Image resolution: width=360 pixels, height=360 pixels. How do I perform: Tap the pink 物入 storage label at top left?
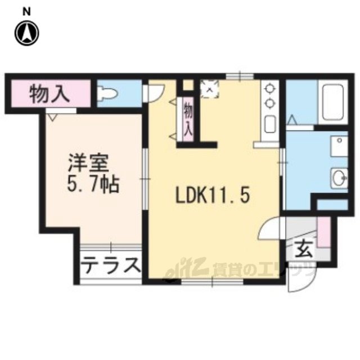click(x=49, y=93)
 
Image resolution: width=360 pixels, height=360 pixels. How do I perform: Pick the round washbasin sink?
click(x=339, y=178)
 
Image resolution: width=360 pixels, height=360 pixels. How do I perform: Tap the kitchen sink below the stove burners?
click(x=269, y=123)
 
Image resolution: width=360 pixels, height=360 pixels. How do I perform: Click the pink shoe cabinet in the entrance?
click(x=325, y=231)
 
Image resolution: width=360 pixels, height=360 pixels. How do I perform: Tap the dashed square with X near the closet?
click(x=209, y=88)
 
